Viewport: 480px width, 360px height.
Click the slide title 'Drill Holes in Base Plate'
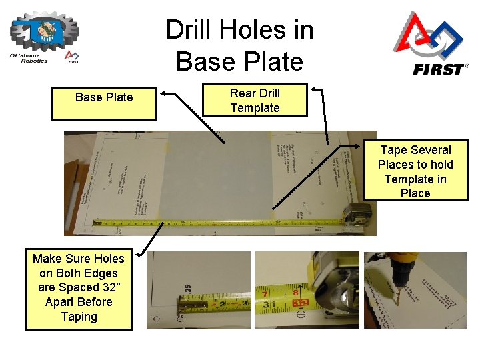(x=239, y=45)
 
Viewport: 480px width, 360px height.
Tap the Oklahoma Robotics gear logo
(x=44, y=30)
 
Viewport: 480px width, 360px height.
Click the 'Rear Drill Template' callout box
(x=255, y=100)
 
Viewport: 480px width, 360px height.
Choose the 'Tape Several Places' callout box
(x=415, y=171)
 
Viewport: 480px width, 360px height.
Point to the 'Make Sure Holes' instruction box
(x=79, y=287)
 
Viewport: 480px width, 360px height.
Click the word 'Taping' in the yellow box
(x=79, y=317)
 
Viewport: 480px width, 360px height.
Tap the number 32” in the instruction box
(x=99, y=287)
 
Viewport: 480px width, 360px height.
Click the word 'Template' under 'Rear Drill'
(x=255, y=108)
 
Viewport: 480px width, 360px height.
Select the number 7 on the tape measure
(x=266, y=293)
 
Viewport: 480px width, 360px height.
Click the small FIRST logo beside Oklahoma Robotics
(x=72, y=57)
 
